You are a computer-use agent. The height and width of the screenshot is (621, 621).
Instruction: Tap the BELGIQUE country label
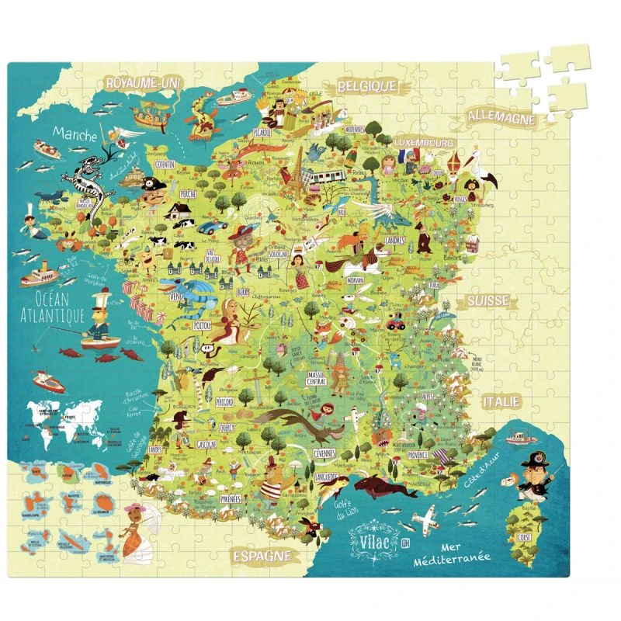[x=366, y=87]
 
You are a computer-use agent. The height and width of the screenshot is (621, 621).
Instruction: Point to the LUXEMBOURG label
[x=423, y=143]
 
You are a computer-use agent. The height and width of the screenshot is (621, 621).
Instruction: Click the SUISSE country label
[x=487, y=300]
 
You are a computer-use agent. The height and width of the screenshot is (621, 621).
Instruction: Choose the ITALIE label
[x=499, y=401]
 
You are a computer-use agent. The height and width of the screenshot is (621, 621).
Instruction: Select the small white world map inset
[x=62, y=423]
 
